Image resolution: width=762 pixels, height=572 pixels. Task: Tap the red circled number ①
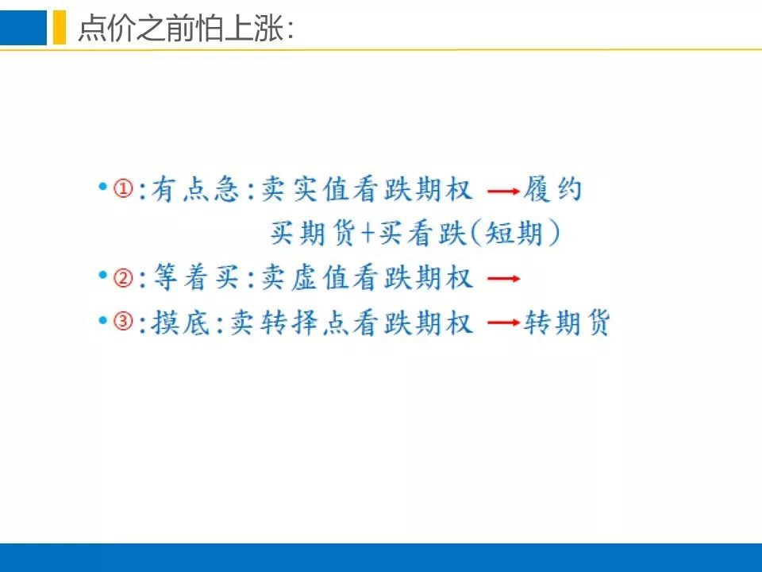click(x=124, y=188)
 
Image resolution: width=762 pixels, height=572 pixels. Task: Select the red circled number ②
click(x=124, y=278)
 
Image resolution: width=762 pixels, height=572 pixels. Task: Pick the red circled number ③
click(x=124, y=321)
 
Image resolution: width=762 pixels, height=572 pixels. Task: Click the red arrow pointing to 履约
click(x=503, y=191)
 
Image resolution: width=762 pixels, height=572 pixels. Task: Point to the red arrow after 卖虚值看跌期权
click(x=503, y=279)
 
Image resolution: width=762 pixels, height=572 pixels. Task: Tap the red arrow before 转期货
click(x=503, y=322)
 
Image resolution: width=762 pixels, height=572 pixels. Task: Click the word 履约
click(x=552, y=189)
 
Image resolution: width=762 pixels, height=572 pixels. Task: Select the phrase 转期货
click(x=567, y=322)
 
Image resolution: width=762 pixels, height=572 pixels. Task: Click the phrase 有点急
click(x=195, y=189)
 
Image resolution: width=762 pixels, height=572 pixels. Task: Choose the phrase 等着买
click(x=195, y=278)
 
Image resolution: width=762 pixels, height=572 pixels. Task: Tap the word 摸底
click(x=180, y=322)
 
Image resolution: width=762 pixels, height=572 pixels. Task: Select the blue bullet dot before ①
click(x=102, y=186)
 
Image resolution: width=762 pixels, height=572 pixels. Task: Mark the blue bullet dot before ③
click(x=102, y=320)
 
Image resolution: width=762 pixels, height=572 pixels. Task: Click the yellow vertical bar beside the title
click(x=60, y=27)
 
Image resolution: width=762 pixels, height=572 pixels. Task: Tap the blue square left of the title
click(x=23, y=27)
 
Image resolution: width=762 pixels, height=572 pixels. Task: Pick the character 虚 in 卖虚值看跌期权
click(x=305, y=278)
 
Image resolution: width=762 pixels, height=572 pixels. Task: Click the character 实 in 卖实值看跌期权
click(x=305, y=189)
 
